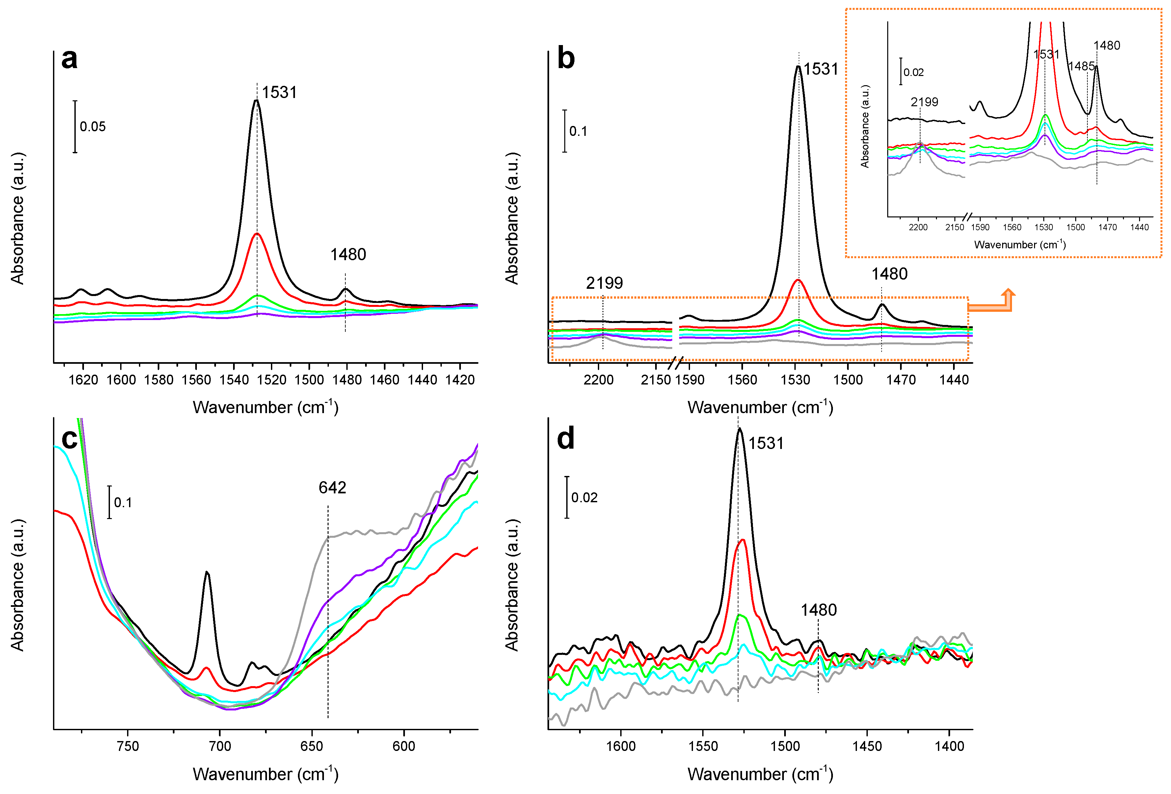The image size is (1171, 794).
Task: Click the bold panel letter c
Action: pyautogui.click(x=69, y=439)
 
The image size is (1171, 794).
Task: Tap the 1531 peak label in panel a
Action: pyautogui.click(x=279, y=93)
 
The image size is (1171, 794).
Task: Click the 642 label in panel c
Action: pyautogui.click(x=332, y=488)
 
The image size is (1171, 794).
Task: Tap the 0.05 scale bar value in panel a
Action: pyautogui.click(x=93, y=127)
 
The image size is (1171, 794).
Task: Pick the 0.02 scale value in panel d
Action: pyautogui.click(x=584, y=498)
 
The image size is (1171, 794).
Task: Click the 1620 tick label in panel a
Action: pyautogui.click(x=83, y=380)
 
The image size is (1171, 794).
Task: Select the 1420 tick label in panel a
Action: pyautogui.click(x=460, y=380)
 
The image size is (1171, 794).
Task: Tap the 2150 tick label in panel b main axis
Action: pyautogui.click(x=655, y=380)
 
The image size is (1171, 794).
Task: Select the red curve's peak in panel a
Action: pyautogui.click(x=257, y=234)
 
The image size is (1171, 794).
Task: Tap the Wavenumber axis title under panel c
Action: pyautogui.click(x=266, y=774)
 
